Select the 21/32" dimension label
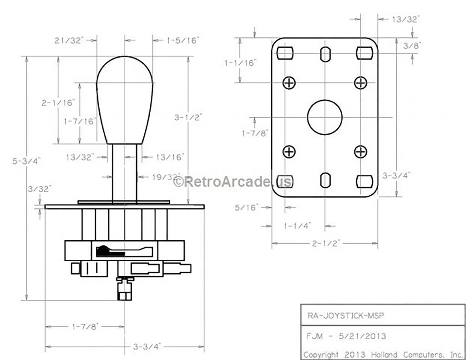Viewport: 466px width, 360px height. pyautogui.click(x=70, y=41)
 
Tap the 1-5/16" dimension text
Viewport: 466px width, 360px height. pyautogui.click(x=183, y=41)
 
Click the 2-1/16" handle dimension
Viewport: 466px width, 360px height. pyautogui.click(x=58, y=103)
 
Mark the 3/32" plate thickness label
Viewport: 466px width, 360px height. pyautogui.click(x=40, y=188)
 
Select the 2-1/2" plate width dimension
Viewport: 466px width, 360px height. pyautogui.click(x=326, y=243)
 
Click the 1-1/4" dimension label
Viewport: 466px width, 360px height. pyautogui.click(x=298, y=225)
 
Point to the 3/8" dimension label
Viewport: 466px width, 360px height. pyautogui.click(x=412, y=45)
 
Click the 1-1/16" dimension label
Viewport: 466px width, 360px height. pyautogui.click(x=240, y=63)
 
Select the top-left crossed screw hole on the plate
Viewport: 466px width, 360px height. pyautogui.click(x=289, y=82)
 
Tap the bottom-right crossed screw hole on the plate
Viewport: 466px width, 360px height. pyautogui.click(x=360, y=152)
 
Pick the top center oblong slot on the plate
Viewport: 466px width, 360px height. pyautogui.click(x=325, y=54)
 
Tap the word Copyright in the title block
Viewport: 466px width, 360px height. pyautogui.click(x=321, y=354)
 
